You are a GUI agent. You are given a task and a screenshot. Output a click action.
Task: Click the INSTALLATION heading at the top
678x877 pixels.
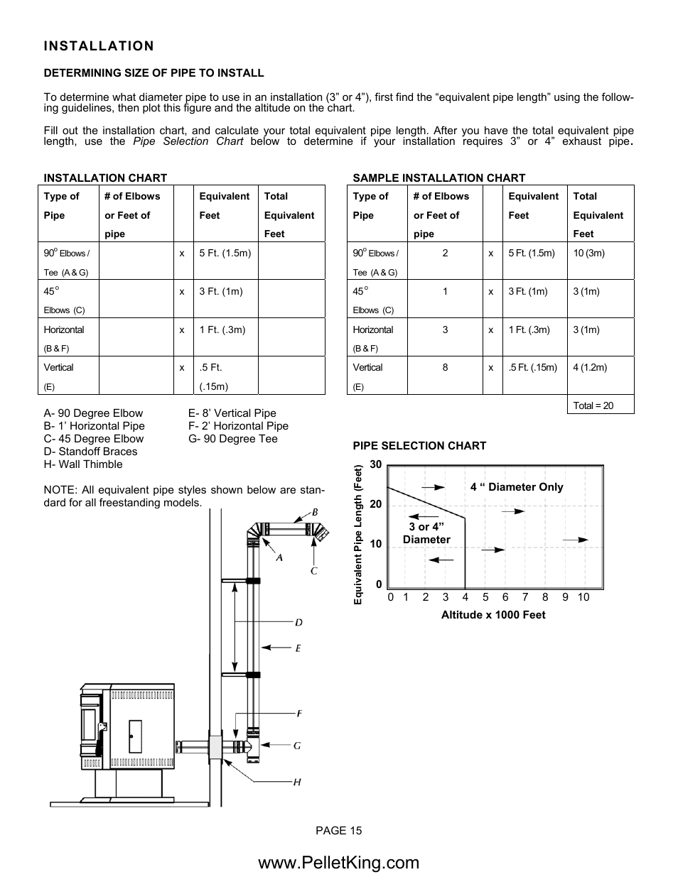(x=98, y=46)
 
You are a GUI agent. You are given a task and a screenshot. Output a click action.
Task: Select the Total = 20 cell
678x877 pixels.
(x=593, y=405)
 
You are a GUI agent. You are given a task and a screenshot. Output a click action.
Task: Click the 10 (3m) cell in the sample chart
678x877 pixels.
(x=588, y=253)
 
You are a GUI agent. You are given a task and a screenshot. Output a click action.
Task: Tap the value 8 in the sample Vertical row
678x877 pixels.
(x=445, y=367)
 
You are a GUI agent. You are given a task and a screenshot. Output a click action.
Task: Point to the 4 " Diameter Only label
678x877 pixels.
(x=516, y=487)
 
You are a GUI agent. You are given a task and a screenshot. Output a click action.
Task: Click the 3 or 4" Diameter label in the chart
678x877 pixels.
(x=426, y=533)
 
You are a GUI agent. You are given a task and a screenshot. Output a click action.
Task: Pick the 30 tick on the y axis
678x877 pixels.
(x=376, y=464)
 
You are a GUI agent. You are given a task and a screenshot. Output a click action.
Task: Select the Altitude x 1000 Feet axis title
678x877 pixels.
(x=493, y=615)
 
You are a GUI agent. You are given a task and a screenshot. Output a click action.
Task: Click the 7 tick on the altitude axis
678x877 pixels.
(x=525, y=597)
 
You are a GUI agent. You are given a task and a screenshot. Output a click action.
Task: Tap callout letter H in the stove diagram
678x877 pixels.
(x=297, y=782)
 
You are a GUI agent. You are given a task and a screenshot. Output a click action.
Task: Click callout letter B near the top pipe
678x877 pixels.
(x=314, y=512)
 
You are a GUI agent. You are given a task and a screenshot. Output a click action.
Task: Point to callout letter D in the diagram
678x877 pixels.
(x=298, y=623)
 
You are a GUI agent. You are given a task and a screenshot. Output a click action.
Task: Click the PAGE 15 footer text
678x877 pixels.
(x=339, y=831)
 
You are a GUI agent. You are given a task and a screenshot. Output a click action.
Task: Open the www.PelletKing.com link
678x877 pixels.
(x=339, y=862)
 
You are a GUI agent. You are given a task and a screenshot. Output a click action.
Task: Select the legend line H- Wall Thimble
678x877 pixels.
(x=83, y=464)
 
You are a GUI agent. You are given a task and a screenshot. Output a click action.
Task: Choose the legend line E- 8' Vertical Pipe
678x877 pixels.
(x=232, y=413)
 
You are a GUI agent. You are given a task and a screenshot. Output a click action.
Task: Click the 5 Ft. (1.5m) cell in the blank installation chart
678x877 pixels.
(x=225, y=253)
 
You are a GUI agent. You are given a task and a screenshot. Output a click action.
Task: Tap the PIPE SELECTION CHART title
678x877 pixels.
(x=419, y=446)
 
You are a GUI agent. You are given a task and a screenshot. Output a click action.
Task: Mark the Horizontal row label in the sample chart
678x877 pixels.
(x=372, y=329)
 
